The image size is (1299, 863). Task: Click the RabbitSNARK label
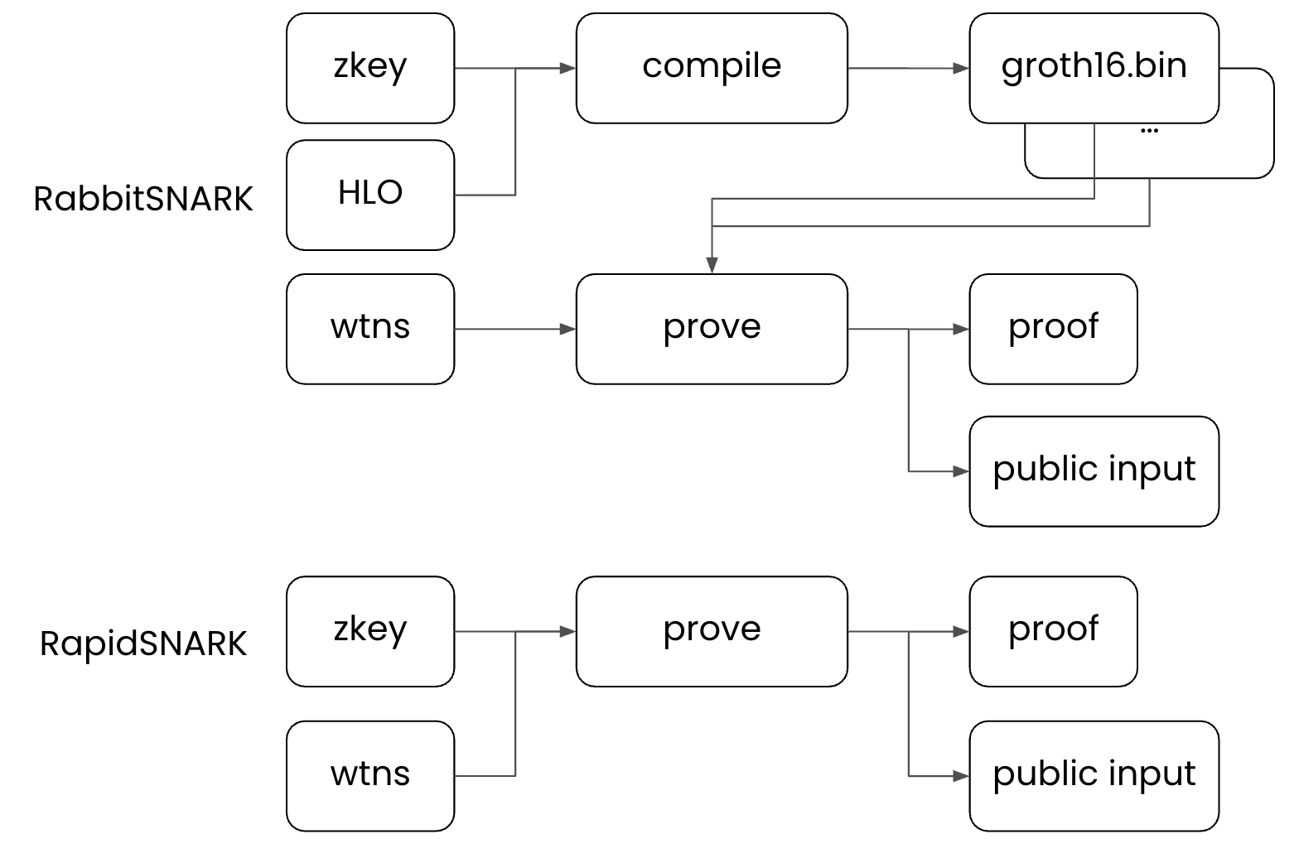pyautogui.click(x=142, y=200)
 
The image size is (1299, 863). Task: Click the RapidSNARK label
pyautogui.click(x=142, y=644)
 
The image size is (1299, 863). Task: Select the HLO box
pyautogui.click(x=370, y=195)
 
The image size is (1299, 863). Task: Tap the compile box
pyautogui.click(x=712, y=68)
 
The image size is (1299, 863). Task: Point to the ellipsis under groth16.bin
pyautogui.click(x=1149, y=131)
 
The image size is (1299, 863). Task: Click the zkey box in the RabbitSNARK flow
pyautogui.click(x=370, y=68)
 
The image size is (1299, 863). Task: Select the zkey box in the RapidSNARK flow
pyautogui.click(x=370, y=631)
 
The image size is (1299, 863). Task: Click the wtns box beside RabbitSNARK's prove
pyautogui.click(x=370, y=329)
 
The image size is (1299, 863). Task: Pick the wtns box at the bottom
pyautogui.click(x=370, y=775)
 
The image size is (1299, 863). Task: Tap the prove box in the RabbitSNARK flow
pyautogui.click(x=712, y=329)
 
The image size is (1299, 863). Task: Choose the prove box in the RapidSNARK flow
pyautogui.click(x=712, y=631)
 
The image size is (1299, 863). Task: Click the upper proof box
pyautogui.click(x=1053, y=329)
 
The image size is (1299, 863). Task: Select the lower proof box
pyautogui.click(x=1053, y=631)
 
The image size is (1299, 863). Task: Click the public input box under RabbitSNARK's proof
pyautogui.click(x=1094, y=471)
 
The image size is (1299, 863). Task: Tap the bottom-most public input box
pyautogui.click(x=1094, y=775)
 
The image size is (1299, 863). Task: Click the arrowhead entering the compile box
pyautogui.click(x=568, y=68)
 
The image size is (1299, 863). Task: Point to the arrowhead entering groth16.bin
pyautogui.click(x=962, y=68)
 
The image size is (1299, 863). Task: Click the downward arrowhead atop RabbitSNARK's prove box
pyautogui.click(x=712, y=266)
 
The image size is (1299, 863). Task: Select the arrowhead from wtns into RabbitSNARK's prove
pyautogui.click(x=568, y=329)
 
